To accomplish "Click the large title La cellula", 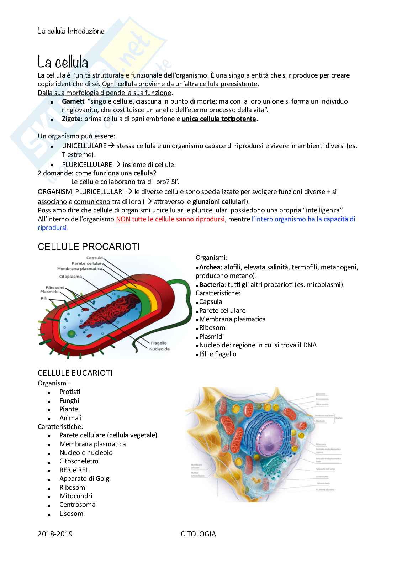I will tap(63, 63).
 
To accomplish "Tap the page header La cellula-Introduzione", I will tap(71, 31).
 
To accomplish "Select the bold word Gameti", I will tap(72, 101).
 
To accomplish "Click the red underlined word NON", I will tap(123, 219).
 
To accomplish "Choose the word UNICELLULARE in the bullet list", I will tap(84, 146).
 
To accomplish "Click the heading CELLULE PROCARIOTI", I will tap(89, 247).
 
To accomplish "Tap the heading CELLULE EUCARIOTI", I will tap(75, 373).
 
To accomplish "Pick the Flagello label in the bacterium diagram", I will tap(159, 343).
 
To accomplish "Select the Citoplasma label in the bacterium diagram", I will tap(70, 277).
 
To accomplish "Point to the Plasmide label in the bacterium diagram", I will tap(49, 292).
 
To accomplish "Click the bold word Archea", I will tap(210, 267).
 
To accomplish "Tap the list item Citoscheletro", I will tap(79, 461).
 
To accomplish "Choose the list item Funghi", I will tap(69, 401).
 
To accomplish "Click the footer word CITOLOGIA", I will tap(198, 534).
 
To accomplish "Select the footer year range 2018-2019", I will tap(55, 534).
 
